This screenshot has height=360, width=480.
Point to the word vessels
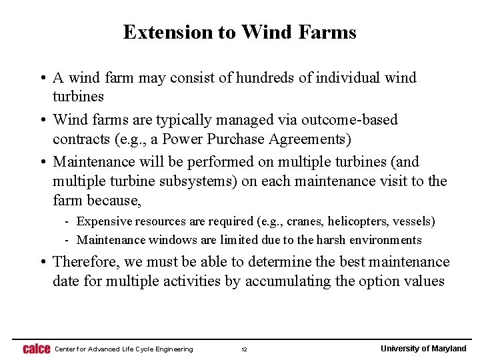tap(413, 221)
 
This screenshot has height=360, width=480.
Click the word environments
tap(383, 240)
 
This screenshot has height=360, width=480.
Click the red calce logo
tap(36, 349)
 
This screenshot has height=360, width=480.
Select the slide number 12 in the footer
tap(244, 349)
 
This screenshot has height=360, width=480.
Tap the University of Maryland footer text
tap(423, 349)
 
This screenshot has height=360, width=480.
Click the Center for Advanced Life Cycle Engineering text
tap(123, 349)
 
